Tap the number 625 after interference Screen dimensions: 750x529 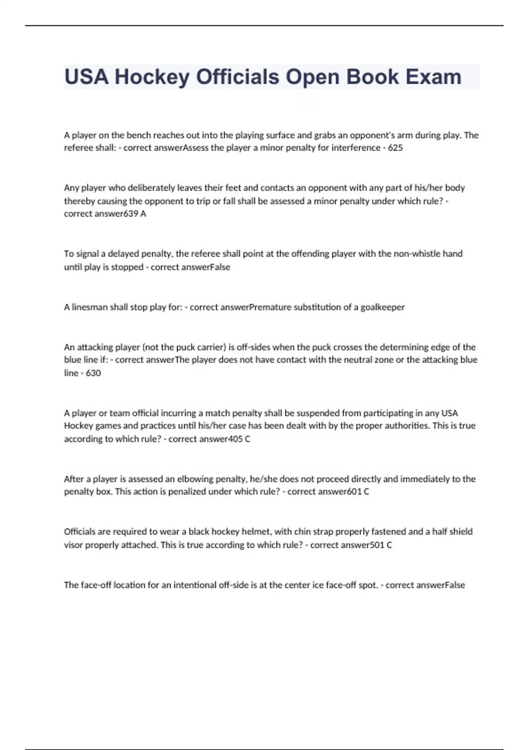coord(395,148)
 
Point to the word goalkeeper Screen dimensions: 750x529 coord(382,307)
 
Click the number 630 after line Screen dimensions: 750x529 coord(93,373)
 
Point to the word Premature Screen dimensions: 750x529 coord(270,307)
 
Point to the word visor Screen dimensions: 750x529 coord(73,545)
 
